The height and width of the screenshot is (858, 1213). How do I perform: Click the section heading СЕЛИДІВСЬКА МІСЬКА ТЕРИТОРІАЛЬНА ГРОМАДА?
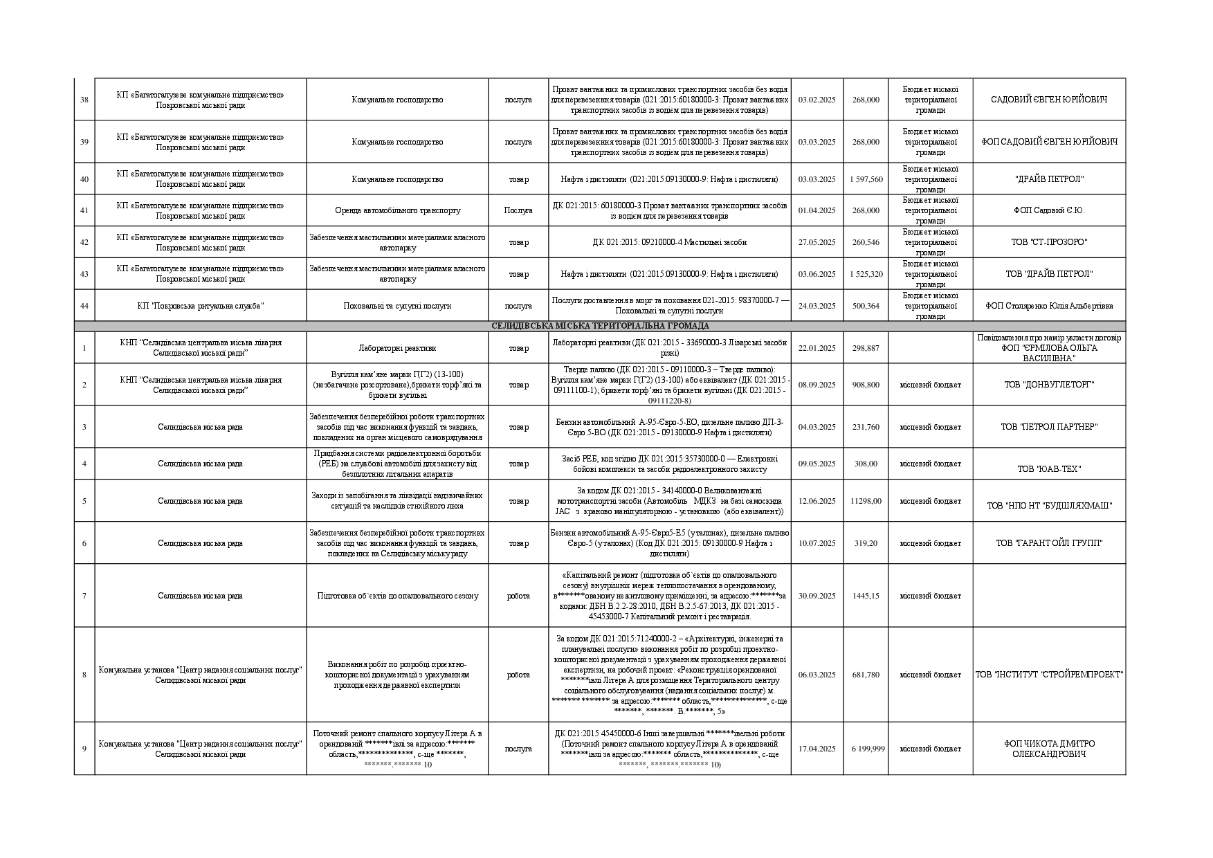[599, 326]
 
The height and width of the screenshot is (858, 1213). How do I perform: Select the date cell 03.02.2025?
[817, 100]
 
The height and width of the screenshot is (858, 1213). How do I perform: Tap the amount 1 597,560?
[866, 179]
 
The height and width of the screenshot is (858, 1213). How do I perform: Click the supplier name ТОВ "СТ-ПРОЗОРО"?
[1048, 242]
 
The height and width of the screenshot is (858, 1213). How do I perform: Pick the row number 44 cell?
[84, 306]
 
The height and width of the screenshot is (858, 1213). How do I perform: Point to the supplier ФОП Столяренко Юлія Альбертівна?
[1049, 306]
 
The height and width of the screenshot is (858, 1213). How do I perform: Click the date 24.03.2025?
[817, 306]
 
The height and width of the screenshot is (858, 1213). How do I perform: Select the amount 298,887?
[866, 348]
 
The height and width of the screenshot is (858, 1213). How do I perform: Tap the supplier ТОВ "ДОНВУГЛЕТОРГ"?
[1049, 385]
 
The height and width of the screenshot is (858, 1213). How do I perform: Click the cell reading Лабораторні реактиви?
[397, 348]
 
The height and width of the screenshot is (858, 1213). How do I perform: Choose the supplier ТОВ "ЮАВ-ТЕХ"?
[1049, 469]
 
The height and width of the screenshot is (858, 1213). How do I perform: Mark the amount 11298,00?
[866, 501]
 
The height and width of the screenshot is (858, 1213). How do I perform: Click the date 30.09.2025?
[817, 596]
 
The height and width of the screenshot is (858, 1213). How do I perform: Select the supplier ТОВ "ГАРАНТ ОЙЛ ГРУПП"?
[1049, 543]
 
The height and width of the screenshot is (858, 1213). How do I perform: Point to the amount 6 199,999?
[866, 749]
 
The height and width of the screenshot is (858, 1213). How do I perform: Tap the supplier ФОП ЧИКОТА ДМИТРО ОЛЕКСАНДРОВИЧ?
[1049, 749]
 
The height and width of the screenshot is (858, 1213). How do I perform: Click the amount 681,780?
[866, 675]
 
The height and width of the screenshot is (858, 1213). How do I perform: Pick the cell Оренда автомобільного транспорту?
[397, 210]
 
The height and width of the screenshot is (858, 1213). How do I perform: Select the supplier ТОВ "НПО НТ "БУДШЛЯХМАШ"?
[1049, 506]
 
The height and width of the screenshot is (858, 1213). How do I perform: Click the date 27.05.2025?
[817, 242]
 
